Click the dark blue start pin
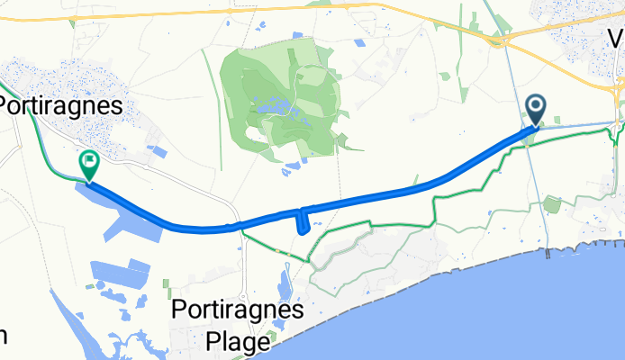point(535,110)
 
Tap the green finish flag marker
point(89,164)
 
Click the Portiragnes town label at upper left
point(61,105)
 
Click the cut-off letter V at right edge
point(616,39)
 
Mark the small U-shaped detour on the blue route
point(303,221)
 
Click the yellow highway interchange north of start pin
point(494,40)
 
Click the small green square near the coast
point(552,204)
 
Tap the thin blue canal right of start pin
point(576,124)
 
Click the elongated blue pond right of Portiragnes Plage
point(284,286)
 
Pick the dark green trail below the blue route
point(378,221)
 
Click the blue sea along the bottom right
point(504,315)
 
